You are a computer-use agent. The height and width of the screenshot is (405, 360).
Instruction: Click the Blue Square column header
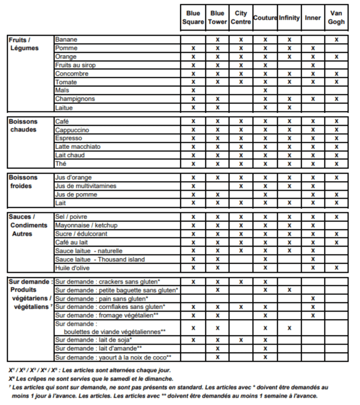coord(193,18)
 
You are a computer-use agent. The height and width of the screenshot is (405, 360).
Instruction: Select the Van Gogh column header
coord(336,18)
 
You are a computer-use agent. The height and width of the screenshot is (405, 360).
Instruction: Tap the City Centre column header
coord(241,18)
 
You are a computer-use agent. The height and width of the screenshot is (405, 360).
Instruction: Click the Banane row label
coord(66,40)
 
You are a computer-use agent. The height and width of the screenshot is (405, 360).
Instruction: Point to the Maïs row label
coord(62,91)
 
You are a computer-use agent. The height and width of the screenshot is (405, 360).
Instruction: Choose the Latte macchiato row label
coord(78,147)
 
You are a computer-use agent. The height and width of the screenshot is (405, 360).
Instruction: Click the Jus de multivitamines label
coord(86,186)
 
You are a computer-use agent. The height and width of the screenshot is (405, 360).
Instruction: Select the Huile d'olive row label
coord(72,268)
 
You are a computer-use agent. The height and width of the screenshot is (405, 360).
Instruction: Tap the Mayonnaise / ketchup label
coord(86,225)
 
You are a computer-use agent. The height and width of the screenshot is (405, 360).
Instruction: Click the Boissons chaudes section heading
coord(23,126)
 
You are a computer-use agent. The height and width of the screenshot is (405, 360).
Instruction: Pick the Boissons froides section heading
coord(23,182)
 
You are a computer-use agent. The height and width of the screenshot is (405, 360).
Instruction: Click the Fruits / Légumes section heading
coord(23,44)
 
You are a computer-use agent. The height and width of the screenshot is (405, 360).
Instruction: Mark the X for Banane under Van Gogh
coord(336,40)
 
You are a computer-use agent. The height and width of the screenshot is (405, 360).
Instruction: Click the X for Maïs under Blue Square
coord(193,91)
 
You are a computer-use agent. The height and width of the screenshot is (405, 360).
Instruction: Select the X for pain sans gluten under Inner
coord(313,299)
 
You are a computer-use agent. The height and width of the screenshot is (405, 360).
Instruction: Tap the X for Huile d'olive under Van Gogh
coord(336,268)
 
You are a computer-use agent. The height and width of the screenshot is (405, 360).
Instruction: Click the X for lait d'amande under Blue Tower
coord(217,349)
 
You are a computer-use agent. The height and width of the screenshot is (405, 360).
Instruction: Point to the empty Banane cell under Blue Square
coord(193,40)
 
